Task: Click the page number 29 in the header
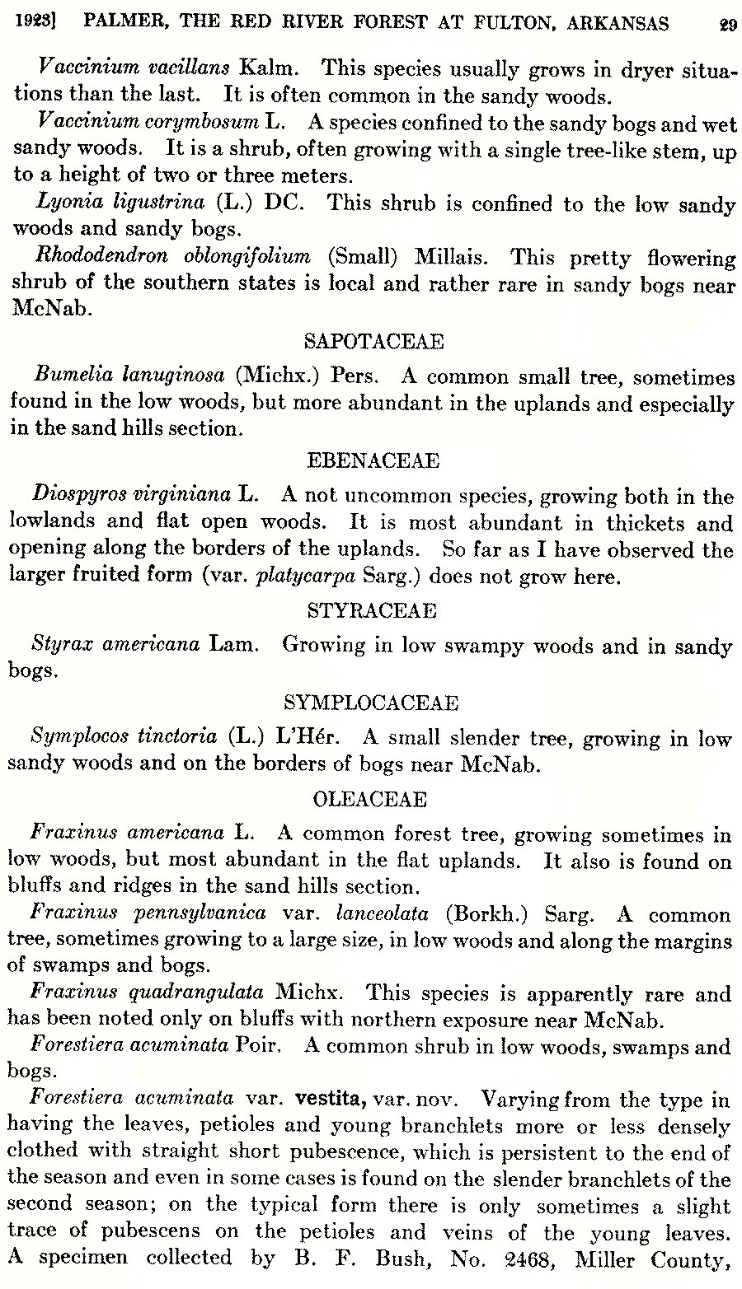tap(726, 25)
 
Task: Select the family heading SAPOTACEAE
tap(373, 341)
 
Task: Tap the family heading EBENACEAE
tap(373, 460)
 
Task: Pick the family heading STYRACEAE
tap(372, 610)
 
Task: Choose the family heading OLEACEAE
tap(370, 799)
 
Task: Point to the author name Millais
tap(451, 257)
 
